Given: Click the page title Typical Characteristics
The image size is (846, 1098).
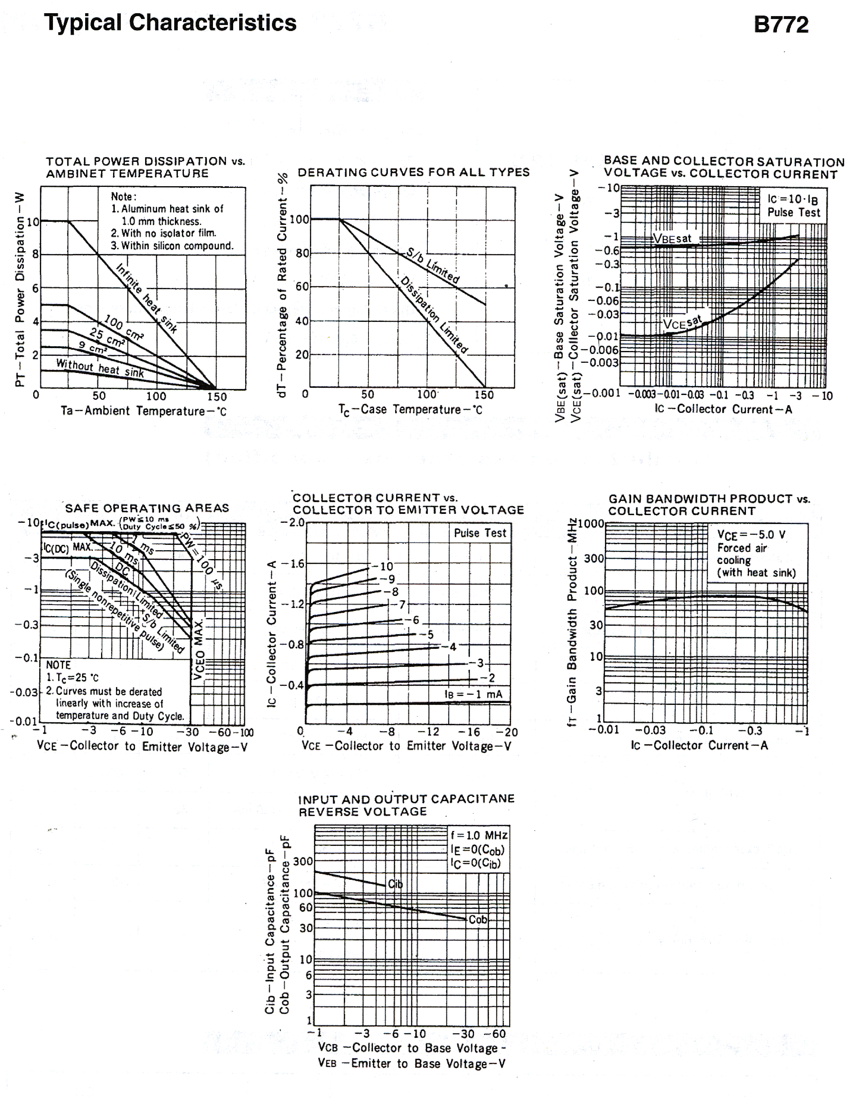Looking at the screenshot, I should coord(170,23).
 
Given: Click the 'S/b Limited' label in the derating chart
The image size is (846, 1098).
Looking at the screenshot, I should coord(433,266).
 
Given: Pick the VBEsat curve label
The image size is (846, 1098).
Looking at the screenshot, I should coord(672,238).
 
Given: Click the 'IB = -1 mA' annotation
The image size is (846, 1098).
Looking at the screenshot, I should coord(473,694).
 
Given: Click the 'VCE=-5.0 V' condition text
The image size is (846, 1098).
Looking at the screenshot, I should coord(751,535).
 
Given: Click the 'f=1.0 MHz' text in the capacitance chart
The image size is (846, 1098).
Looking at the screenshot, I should coord(479,835).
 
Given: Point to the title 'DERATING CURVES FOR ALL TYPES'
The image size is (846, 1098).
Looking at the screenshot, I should coord(413,172).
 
